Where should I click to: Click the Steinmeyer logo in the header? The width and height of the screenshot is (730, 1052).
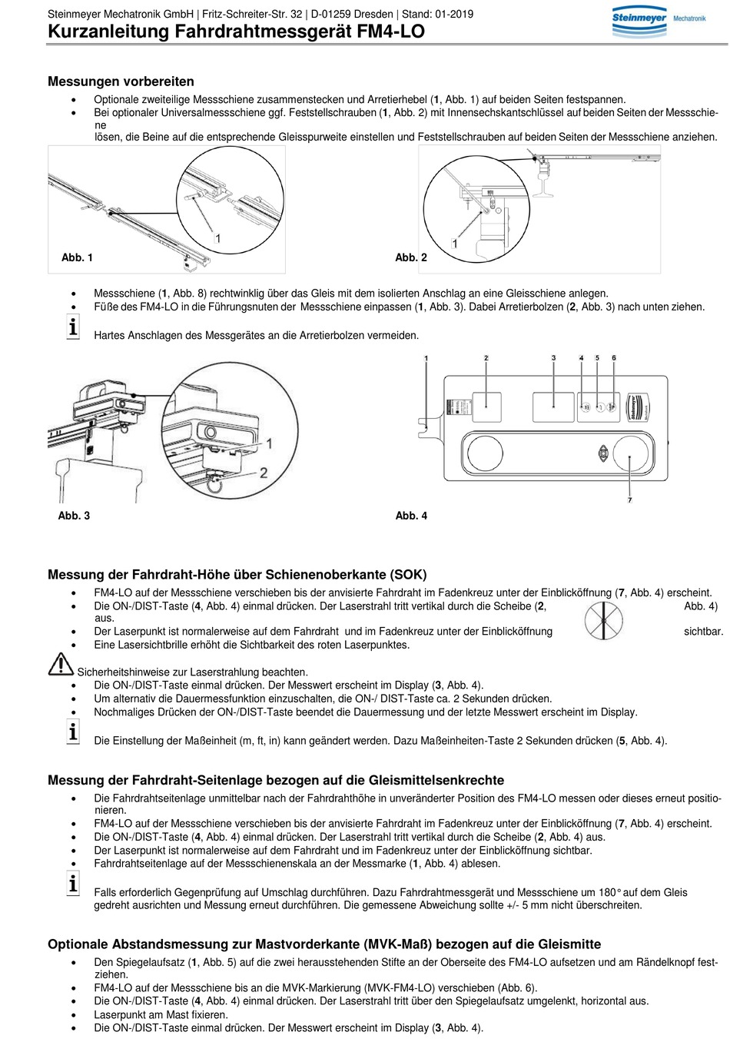coord(658,22)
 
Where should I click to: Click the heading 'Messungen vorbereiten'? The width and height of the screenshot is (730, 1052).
coord(121,81)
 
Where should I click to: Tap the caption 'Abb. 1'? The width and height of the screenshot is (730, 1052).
coord(77,257)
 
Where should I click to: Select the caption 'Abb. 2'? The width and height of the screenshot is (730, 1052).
coord(411,257)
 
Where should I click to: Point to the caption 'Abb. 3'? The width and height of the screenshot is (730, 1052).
coord(74,516)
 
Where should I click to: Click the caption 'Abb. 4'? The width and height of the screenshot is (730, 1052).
coord(412,516)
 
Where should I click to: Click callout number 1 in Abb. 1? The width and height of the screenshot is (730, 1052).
coord(217,238)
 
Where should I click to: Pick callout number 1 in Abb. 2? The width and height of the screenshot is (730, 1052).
coord(454,244)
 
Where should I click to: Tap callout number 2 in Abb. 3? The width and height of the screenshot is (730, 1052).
coord(264,473)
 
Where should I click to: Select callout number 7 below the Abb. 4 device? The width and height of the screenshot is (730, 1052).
coord(630,500)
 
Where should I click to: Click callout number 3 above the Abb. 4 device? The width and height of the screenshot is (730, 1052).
coord(553,358)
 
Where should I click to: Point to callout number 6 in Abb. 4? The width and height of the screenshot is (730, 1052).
coord(613,358)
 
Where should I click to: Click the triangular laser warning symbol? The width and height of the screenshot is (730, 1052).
coord(61,664)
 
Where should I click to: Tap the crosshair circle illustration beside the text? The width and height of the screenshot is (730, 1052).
coord(604,620)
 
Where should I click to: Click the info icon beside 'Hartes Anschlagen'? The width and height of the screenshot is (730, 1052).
coord(73,327)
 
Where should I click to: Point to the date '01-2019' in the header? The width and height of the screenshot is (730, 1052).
coord(454,14)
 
